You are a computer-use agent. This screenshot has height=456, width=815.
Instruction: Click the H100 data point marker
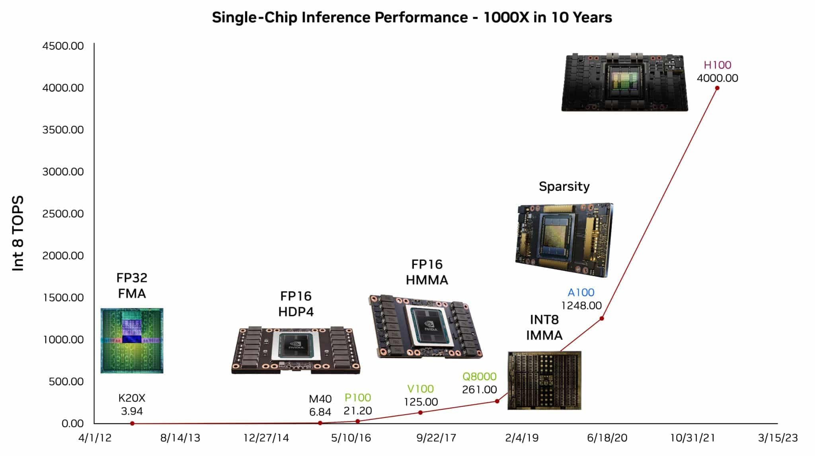(717, 88)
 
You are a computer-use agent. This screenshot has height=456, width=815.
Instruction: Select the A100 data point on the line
(602, 318)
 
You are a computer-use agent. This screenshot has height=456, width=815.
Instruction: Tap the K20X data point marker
(133, 423)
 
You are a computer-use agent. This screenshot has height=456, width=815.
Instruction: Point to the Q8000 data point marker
(497, 401)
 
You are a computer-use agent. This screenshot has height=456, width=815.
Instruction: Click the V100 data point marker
(421, 413)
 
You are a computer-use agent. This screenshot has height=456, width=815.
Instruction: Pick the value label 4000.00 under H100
(717, 78)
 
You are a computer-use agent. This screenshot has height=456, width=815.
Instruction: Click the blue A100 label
(581, 293)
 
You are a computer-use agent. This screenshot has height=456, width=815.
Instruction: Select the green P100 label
(357, 398)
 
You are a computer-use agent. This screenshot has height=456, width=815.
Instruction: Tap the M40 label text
(320, 399)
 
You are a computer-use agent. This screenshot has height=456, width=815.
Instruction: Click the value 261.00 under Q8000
(479, 390)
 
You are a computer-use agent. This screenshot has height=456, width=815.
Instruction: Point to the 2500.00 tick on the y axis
(63, 214)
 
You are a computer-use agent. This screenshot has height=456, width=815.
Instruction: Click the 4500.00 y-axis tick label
(63, 46)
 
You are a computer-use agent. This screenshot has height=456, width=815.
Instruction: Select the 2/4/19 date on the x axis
(522, 438)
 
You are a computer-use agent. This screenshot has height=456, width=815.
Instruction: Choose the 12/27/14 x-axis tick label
(266, 438)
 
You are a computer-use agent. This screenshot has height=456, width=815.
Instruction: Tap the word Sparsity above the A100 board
(564, 186)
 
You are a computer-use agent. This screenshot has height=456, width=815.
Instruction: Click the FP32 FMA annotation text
(132, 285)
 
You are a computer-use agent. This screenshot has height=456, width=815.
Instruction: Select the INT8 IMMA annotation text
(544, 327)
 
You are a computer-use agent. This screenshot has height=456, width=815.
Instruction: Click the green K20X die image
(132, 341)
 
